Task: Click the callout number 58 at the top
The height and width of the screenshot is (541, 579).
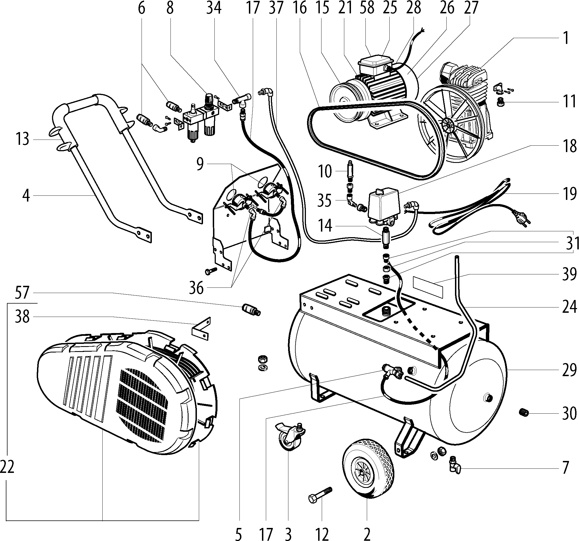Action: [367, 8]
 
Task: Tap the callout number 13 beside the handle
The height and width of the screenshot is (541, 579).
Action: [23, 139]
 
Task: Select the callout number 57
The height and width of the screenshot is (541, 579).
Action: [22, 293]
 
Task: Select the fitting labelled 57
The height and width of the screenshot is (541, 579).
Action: [251, 310]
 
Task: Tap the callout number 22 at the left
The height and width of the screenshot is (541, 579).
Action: [7, 468]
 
